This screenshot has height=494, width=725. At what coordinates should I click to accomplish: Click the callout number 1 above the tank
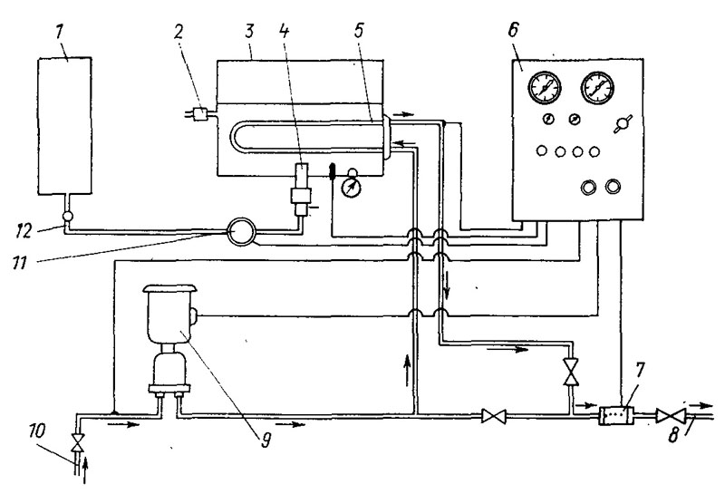click(x=60, y=33)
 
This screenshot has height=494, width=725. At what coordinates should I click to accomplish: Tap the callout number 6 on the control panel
click(x=513, y=30)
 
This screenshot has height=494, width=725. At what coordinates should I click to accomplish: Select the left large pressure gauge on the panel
click(x=545, y=87)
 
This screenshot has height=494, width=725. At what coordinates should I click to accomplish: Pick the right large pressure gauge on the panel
click(x=598, y=87)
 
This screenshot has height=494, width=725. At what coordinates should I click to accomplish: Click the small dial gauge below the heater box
click(x=352, y=186)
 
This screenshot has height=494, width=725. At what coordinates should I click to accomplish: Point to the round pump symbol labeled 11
click(x=241, y=230)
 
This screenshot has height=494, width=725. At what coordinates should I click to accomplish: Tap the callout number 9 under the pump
click(x=265, y=440)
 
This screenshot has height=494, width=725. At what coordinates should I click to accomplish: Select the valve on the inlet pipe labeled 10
click(x=78, y=443)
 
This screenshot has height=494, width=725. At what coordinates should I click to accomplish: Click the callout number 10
click(x=38, y=431)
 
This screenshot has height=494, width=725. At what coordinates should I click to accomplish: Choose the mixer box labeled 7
click(x=616, y=416)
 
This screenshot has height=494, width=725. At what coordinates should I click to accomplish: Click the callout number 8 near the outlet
click(x=673, y=435)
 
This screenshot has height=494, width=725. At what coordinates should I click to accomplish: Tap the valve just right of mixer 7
click(x=670, y=416)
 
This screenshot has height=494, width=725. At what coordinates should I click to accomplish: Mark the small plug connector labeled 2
click(x=200, y=113)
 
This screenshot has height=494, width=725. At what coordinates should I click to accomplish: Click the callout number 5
click(x=359, y=30)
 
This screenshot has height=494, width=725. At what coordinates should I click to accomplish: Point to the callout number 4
click(x=285, y=30)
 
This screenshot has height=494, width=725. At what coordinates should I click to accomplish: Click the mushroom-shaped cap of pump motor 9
click(x=170, y=290)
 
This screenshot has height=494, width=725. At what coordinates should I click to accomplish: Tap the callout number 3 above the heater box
click(x=248, y=31)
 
